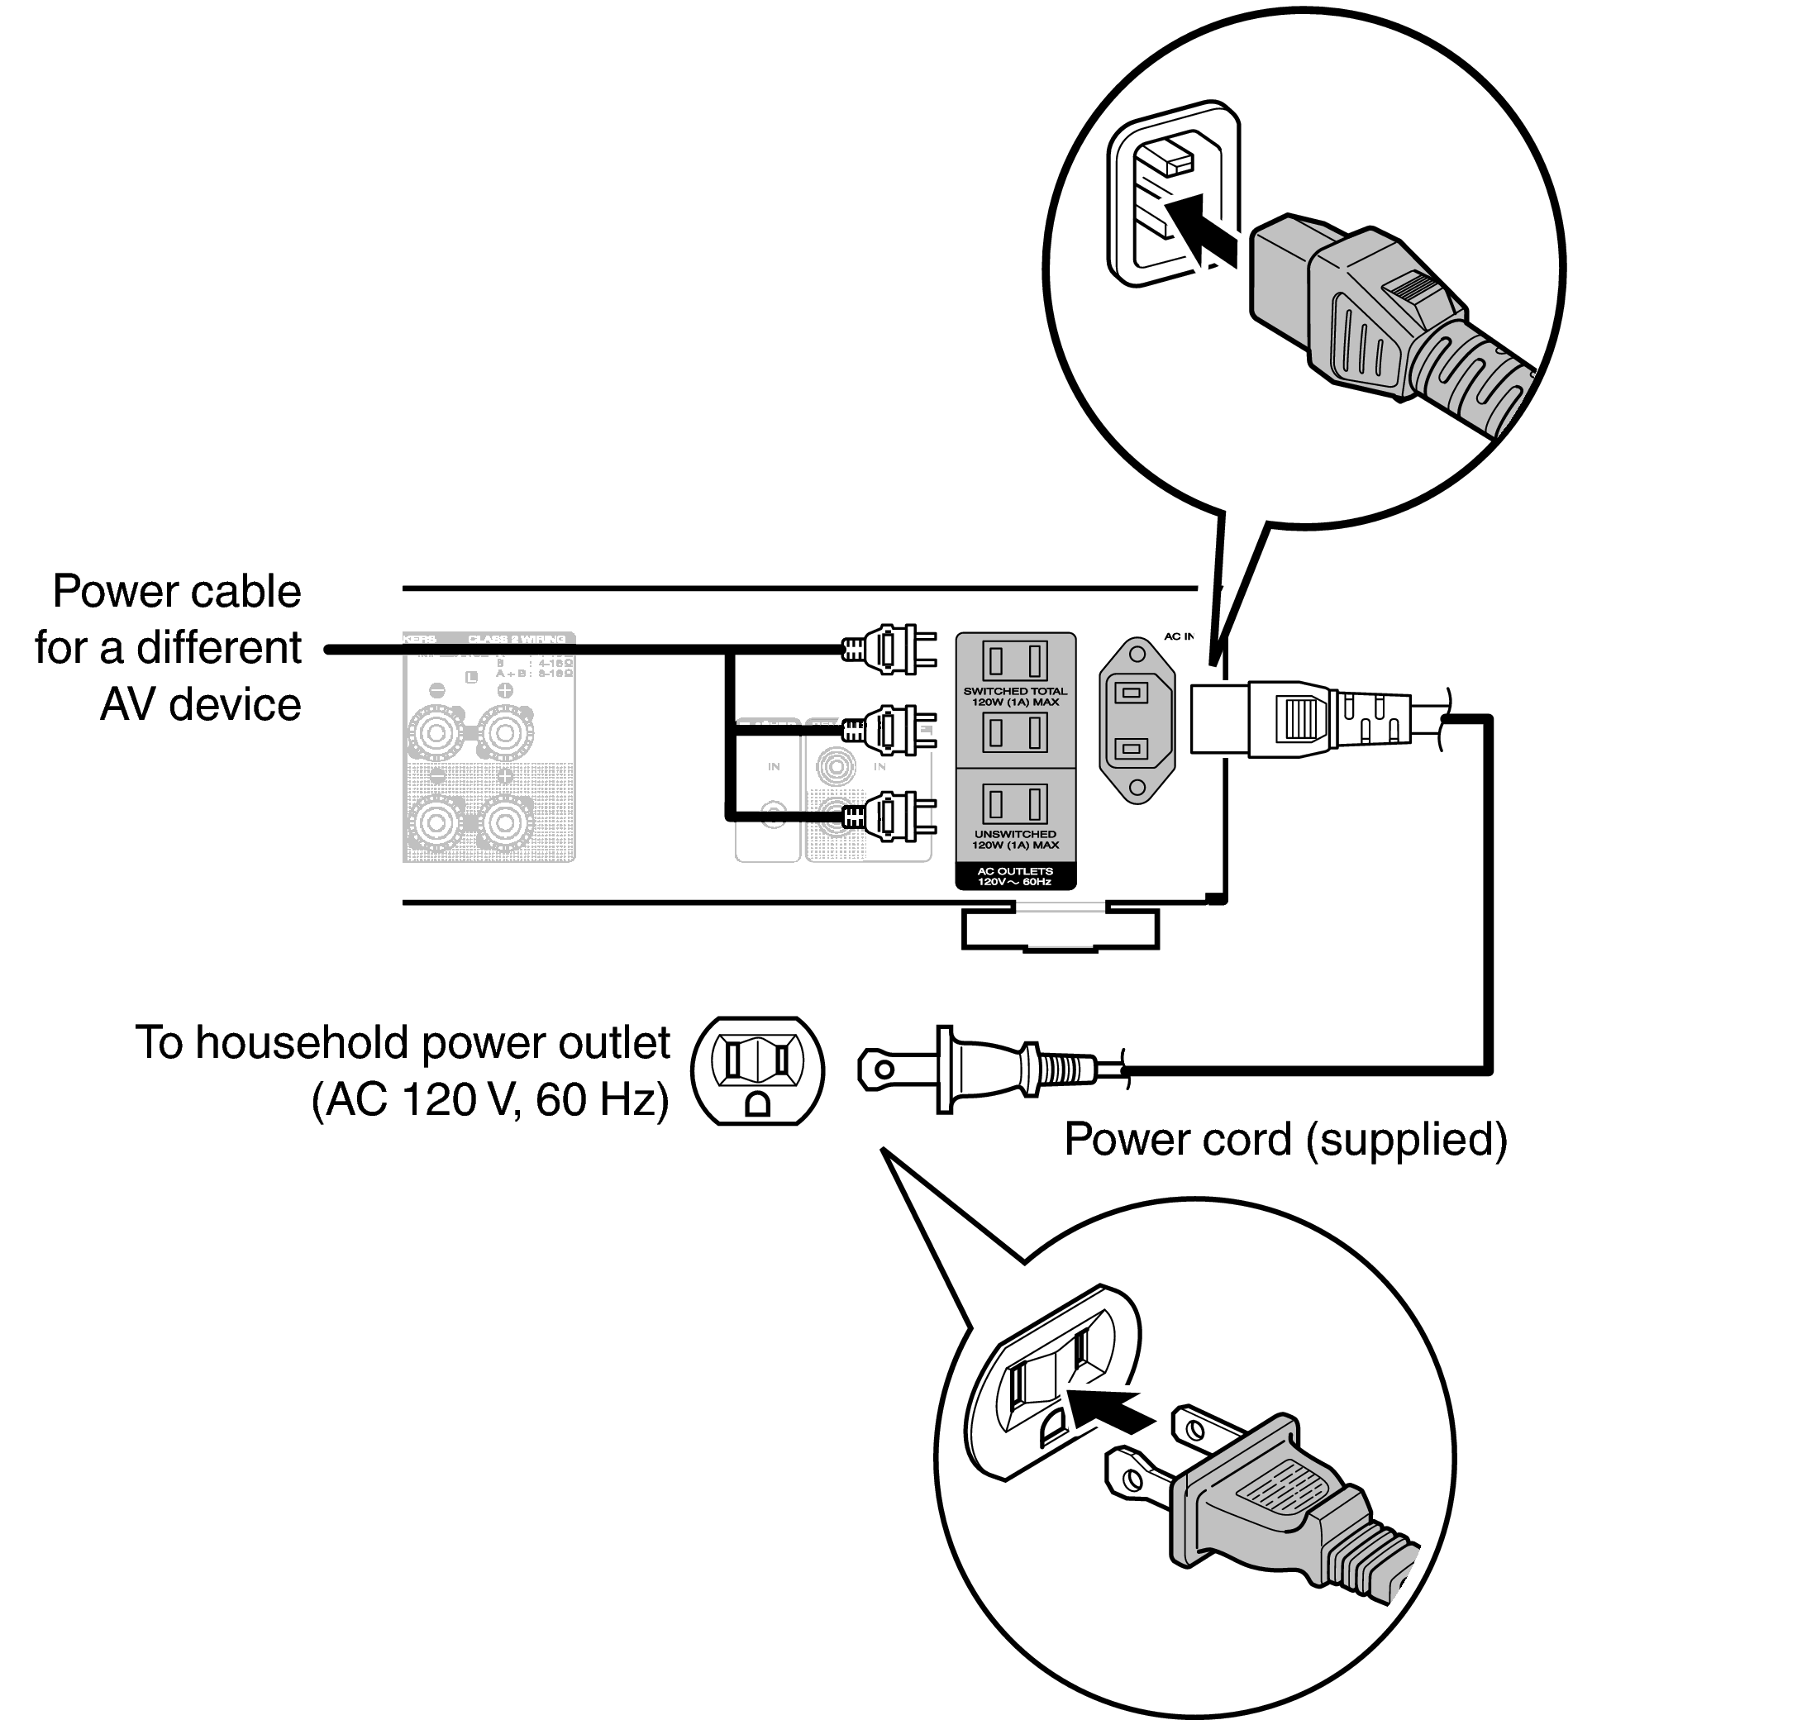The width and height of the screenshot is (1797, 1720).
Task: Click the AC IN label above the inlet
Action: click(1178, 636)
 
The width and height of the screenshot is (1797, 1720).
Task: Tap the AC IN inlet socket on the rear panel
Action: click(1136, 721)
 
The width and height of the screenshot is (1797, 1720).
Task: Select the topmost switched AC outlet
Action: click(1015, 661)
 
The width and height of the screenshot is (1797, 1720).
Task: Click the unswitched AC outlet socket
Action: click(1015, 804)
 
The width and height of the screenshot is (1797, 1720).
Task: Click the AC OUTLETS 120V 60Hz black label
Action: click(1015, 876)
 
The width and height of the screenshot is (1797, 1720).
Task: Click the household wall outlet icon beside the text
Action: click(757, 1070)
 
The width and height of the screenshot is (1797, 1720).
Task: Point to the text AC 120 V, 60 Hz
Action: click(490, 1099)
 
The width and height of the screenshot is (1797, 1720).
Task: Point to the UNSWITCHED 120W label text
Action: click(1015, 839)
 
